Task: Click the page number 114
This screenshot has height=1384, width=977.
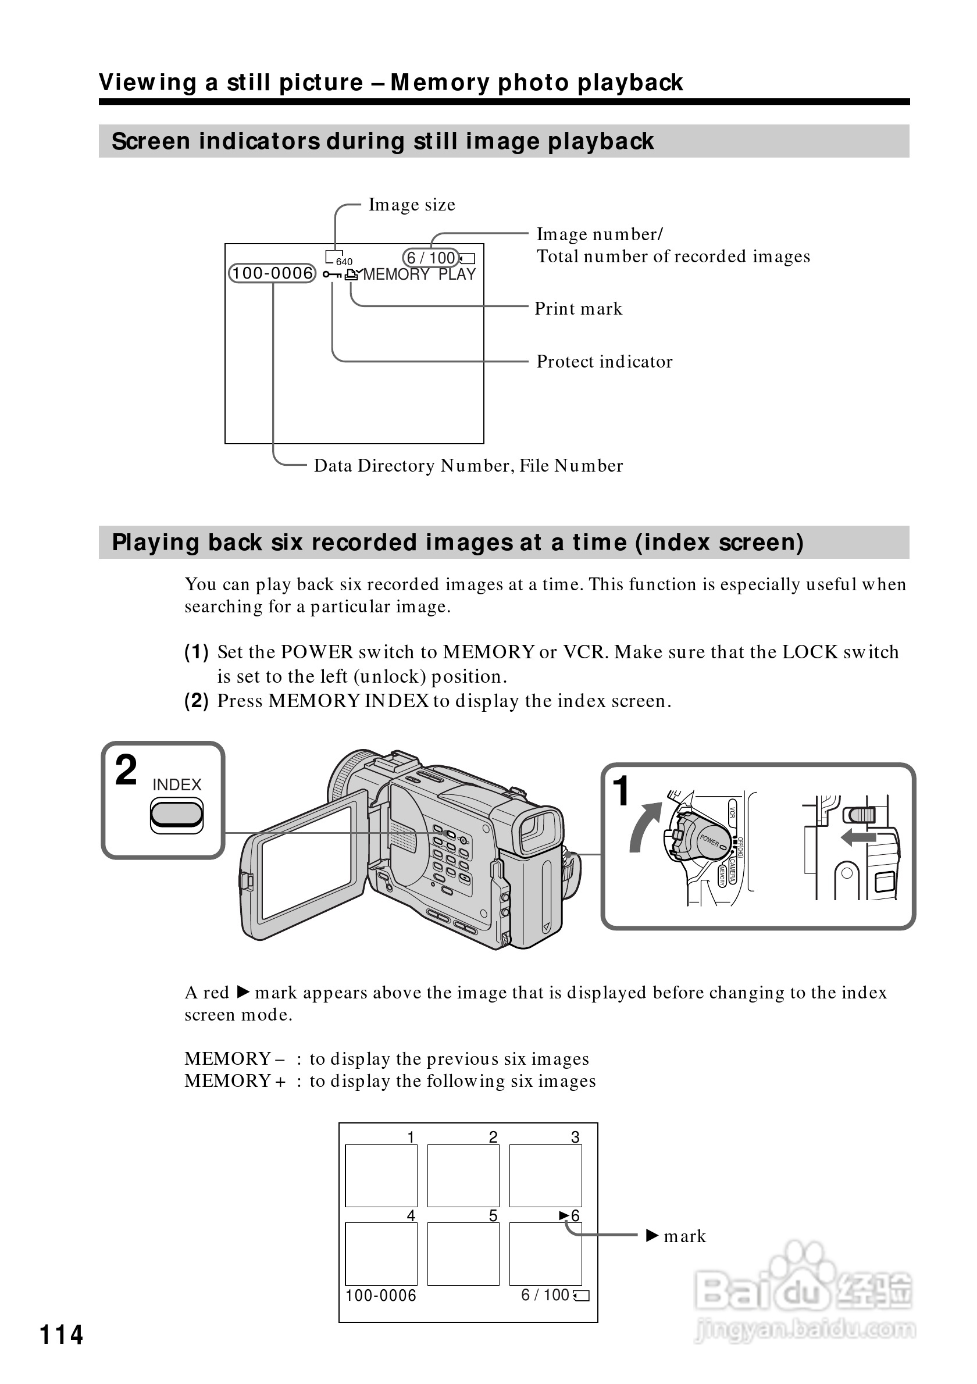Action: tap(61, 1335)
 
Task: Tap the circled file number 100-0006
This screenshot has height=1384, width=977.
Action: tap(272, 274)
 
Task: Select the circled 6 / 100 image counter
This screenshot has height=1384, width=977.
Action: tap(430, 258)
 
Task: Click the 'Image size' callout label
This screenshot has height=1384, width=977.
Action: tap(412, 205)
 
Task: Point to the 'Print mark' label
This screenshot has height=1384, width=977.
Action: tap(578, 309)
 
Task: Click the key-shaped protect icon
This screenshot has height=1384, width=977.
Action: tap(331, 275)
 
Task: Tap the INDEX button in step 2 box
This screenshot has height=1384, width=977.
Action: tap(177, 815)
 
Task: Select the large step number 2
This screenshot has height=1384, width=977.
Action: tap(126, 771)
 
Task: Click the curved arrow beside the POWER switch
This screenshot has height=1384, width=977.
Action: tap(644, 826)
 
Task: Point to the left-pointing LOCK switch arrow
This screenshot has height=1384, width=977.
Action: tap(858, 837)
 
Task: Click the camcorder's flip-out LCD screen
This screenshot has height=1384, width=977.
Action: tap(306, 865)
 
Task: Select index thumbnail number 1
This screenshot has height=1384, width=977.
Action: tap(381, 1175)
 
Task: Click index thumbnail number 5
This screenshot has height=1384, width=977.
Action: tap(463, 1254)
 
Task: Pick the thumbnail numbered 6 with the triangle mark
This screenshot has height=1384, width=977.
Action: tap(545, 1254)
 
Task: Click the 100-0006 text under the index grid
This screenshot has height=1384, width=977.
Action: tap(380, 1296)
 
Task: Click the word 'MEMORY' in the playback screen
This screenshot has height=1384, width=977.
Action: tap(396, 275)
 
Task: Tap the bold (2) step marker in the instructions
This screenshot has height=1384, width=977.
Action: tap(197, 701)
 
